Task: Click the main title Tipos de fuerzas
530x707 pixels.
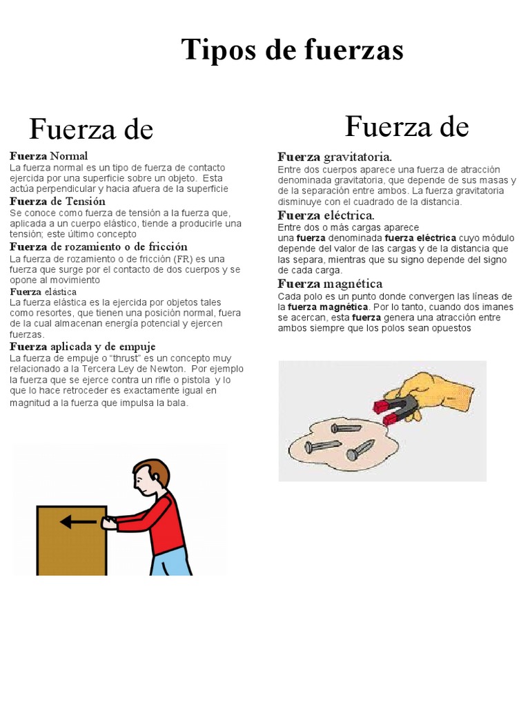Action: (292, 50)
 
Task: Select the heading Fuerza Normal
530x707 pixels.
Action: (49, 156)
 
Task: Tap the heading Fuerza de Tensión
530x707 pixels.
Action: (57, 202)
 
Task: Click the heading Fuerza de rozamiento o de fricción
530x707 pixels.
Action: (98, 246)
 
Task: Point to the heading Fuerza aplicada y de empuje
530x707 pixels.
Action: (82, 347)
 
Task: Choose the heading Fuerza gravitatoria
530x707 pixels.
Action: (335, 157)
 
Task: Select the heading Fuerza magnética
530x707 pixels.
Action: (330, 284)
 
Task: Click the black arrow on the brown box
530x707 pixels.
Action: (77, 522)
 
